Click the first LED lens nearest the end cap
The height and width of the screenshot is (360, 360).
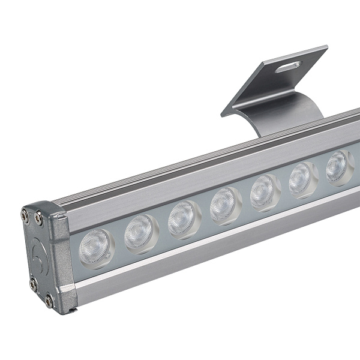click(97, 245)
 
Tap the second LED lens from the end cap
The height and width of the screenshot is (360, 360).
click(140, 232)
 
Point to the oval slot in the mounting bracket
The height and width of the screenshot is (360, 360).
click(289, 66)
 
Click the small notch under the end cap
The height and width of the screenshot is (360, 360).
click(72, 309)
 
